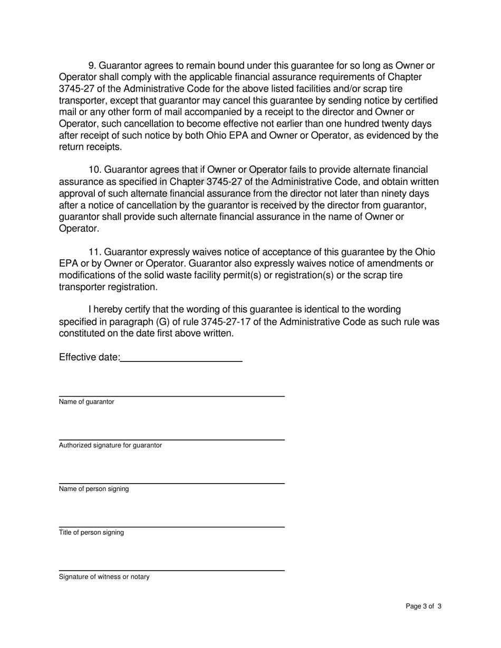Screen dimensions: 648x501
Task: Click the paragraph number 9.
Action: coord(92,66)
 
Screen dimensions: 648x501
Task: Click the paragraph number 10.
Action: coord(94,170)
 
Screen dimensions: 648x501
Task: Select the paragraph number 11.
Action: coord(94,252)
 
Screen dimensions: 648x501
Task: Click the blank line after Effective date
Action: coord(181,360)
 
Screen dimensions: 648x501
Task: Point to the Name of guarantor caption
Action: coord(86,402)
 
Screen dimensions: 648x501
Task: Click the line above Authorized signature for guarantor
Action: coord(171,440)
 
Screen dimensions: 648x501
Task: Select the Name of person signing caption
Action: coord(94,489)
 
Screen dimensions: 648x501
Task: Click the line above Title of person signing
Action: coord(171,527)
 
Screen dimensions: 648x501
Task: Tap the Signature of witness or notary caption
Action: coord(104,577)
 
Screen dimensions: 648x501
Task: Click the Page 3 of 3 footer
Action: coord(423,606)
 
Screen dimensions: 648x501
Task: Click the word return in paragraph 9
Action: coord(73,147)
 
